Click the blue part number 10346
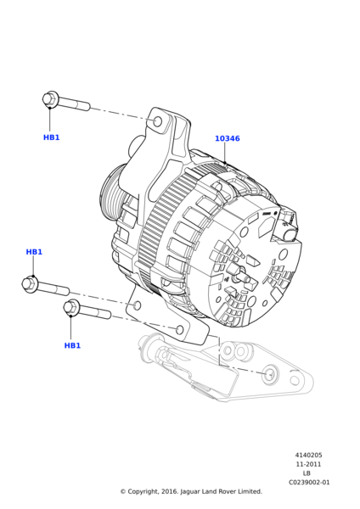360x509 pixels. (227, 138)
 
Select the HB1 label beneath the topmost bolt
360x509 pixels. (52, 137)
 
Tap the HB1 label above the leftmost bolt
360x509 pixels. (34, 252)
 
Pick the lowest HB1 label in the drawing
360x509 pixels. (72, 345)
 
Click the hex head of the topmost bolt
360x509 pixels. (50, 99)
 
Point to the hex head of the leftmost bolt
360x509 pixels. (30, 284)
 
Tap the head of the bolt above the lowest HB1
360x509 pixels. (72, 307)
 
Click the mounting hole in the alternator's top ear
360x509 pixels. (157, 121)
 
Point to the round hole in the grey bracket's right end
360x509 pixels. (270, 374)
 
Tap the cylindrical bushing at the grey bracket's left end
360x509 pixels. (151, 348)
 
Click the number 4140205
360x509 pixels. (308, 456)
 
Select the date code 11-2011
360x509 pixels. (308, 464)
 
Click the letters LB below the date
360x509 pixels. (307, 473)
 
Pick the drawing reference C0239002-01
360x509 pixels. (308, 482)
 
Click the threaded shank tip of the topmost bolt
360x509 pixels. (87, 107)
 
